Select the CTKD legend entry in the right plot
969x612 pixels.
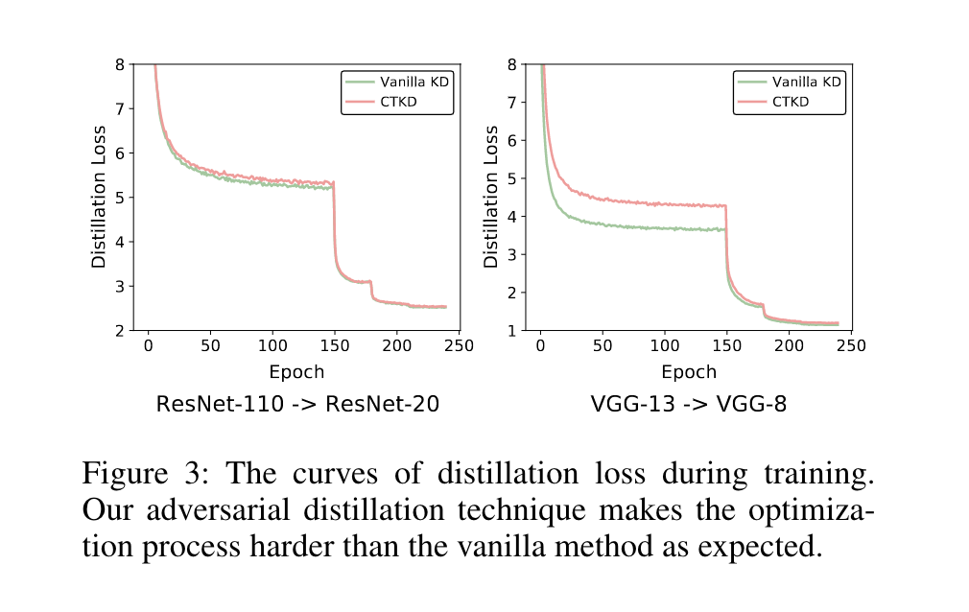pyautogui.click(x=791, y=102)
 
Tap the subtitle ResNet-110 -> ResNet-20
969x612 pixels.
pyautogui.click(x=297, y=405)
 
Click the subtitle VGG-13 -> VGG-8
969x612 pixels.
pyautogui.click(x=688, y=405)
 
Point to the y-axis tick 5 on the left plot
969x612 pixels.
pyautogui.click(x=130, y=198)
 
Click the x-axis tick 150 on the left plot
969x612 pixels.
pyautogui.click(x=335, y=344)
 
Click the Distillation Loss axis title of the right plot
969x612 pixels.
pyautogui.click(x=490, y=197)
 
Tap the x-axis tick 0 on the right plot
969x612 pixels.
pyautogui.click(x=540, y=344)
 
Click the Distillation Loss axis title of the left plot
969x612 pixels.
pyautogui.click(x=98, y=197)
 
